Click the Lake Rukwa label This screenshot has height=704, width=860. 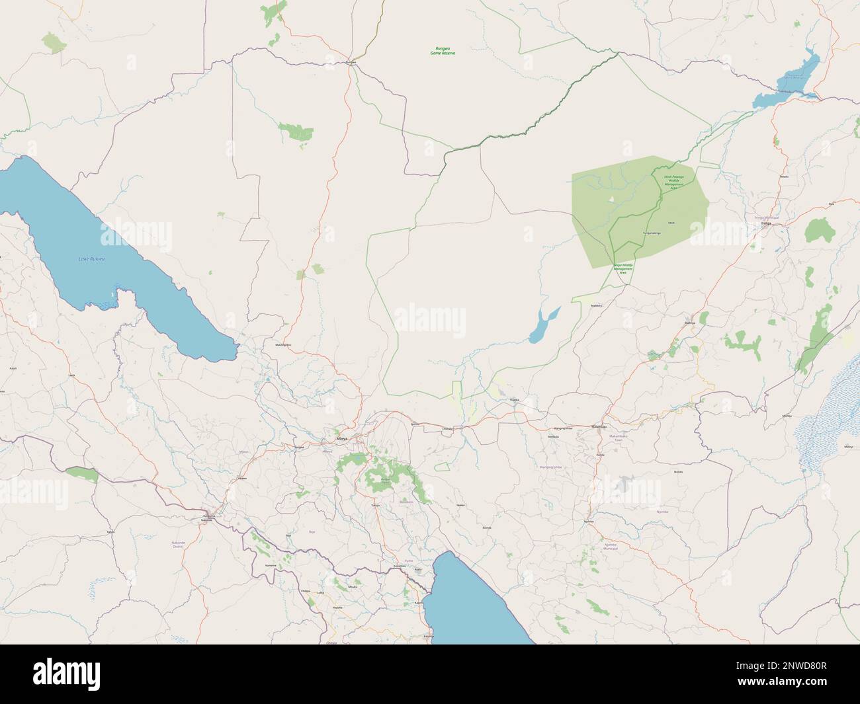coord(91,258)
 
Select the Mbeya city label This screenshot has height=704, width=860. coord(341,438)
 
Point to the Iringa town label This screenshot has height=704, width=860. coord(767,224)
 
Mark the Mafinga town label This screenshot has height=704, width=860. coord(690,323)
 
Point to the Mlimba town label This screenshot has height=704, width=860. coord(787,416)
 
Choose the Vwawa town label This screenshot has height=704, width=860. coord(242,478)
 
